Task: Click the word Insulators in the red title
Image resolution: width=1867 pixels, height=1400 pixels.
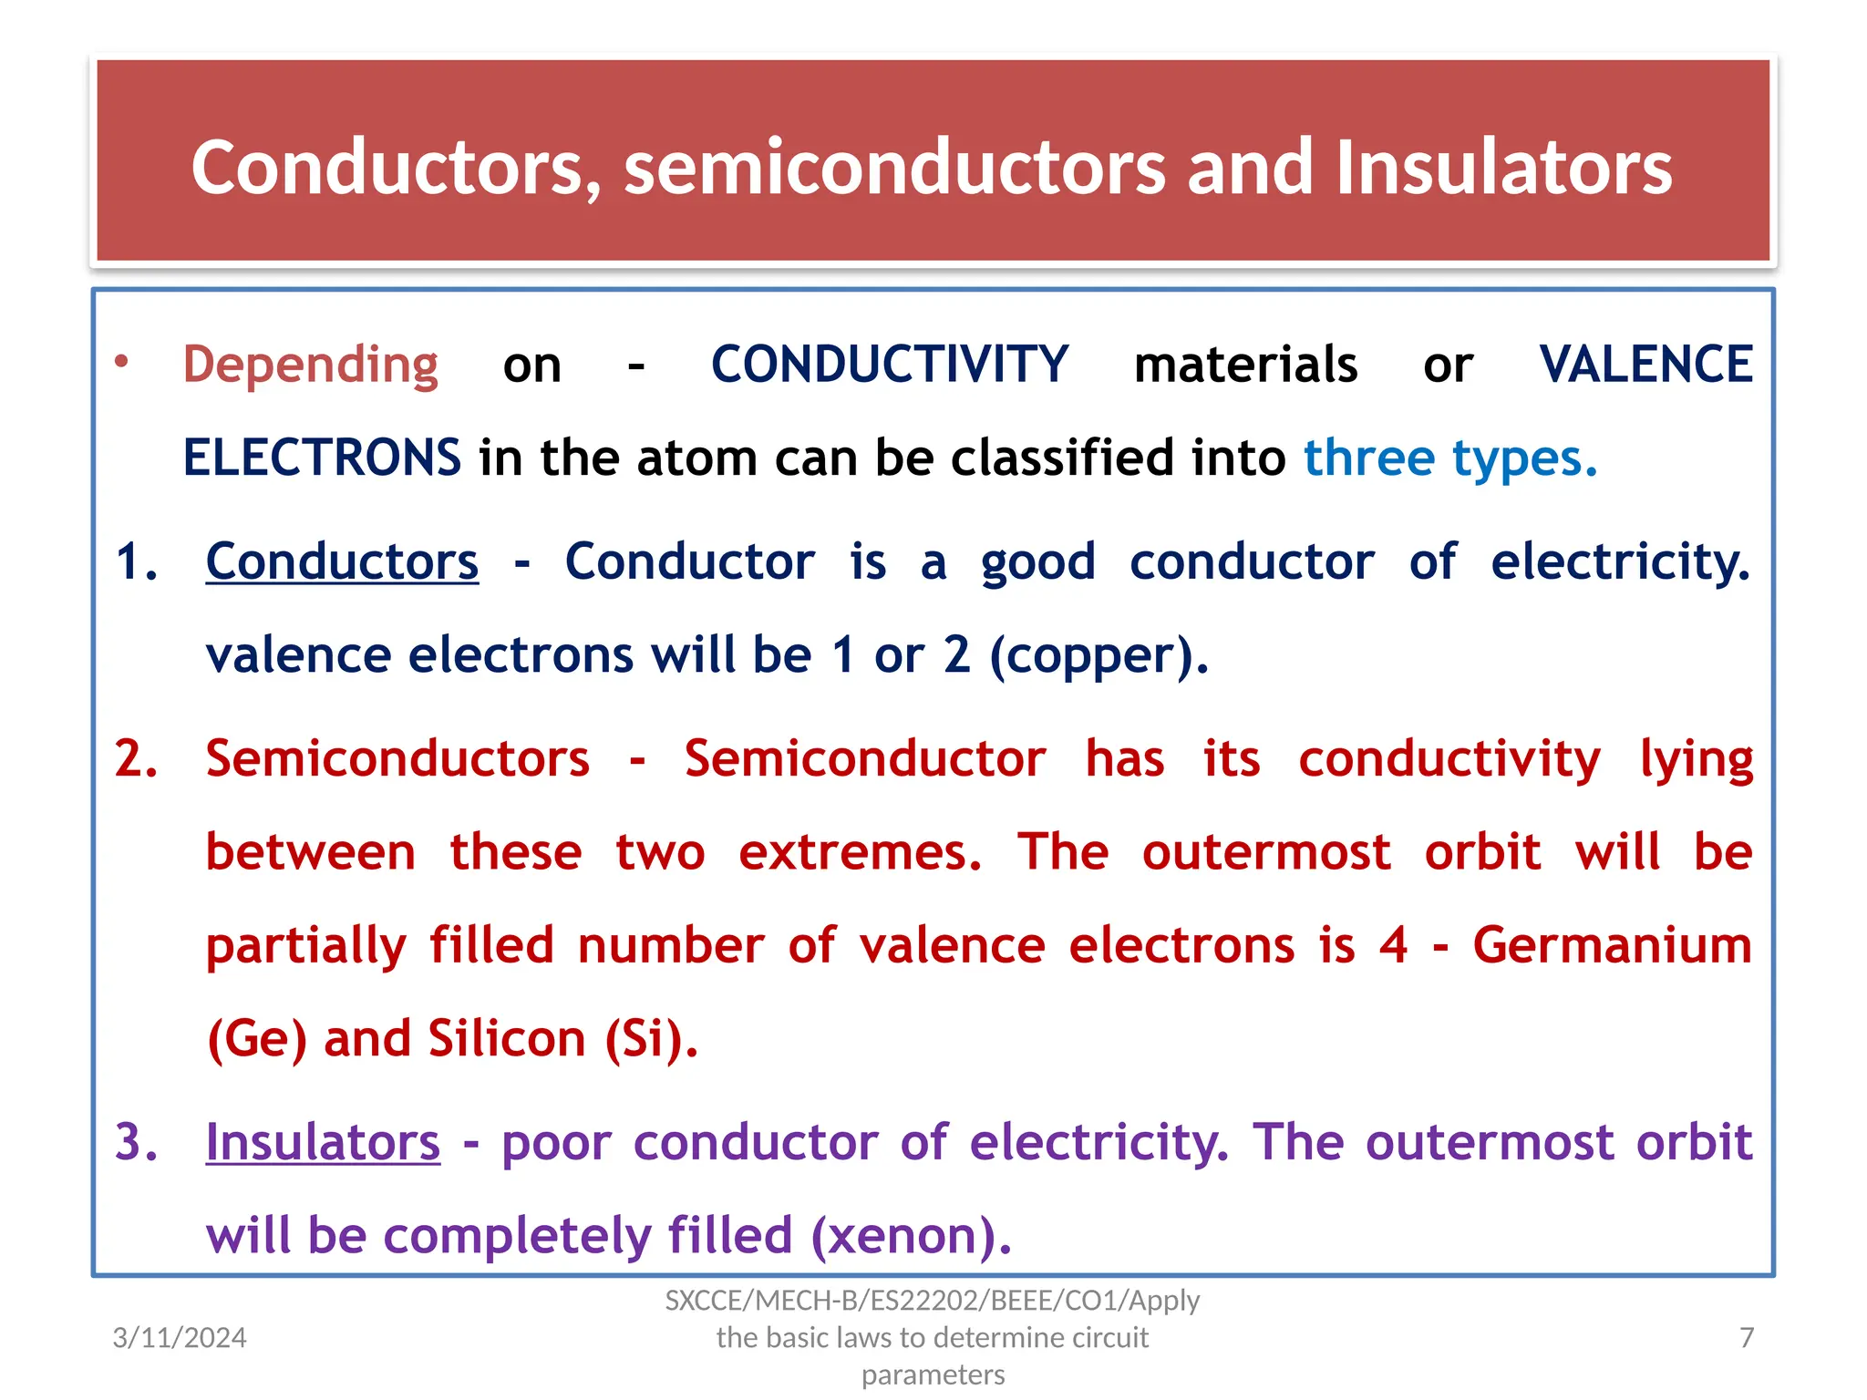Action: [1503, 168]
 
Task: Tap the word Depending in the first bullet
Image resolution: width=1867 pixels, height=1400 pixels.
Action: [310, 365]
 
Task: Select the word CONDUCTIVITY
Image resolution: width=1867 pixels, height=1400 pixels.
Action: [889, 365]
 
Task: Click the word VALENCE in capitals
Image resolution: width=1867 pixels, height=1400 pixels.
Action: [1645, 365]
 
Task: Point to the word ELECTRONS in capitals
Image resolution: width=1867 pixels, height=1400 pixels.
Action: [322, 458]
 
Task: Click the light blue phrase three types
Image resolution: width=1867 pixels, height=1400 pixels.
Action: [1449, 458]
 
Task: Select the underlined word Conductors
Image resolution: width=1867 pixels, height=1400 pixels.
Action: [342, 561]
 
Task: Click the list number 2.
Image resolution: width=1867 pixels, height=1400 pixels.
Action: [136, 758]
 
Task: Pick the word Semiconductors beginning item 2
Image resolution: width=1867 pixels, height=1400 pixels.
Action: [397, 759]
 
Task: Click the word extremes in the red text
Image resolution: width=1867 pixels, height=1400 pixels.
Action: [860, 853]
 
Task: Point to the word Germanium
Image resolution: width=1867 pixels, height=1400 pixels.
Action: [1612, 945]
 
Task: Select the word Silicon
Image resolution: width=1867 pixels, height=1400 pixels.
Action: [506, 1039]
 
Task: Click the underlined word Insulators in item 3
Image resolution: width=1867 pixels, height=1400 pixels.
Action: [323, 1142]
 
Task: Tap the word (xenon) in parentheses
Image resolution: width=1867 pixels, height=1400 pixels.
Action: [911, 1236]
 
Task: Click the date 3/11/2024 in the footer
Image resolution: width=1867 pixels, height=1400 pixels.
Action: [180, 1337]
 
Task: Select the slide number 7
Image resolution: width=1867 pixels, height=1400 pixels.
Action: [1746, 1337]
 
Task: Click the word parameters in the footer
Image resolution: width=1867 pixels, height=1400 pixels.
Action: [933, 1374]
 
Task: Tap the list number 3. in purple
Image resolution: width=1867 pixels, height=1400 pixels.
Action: [136, 1142]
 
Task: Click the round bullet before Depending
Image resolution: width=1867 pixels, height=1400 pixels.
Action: [121, 363]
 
